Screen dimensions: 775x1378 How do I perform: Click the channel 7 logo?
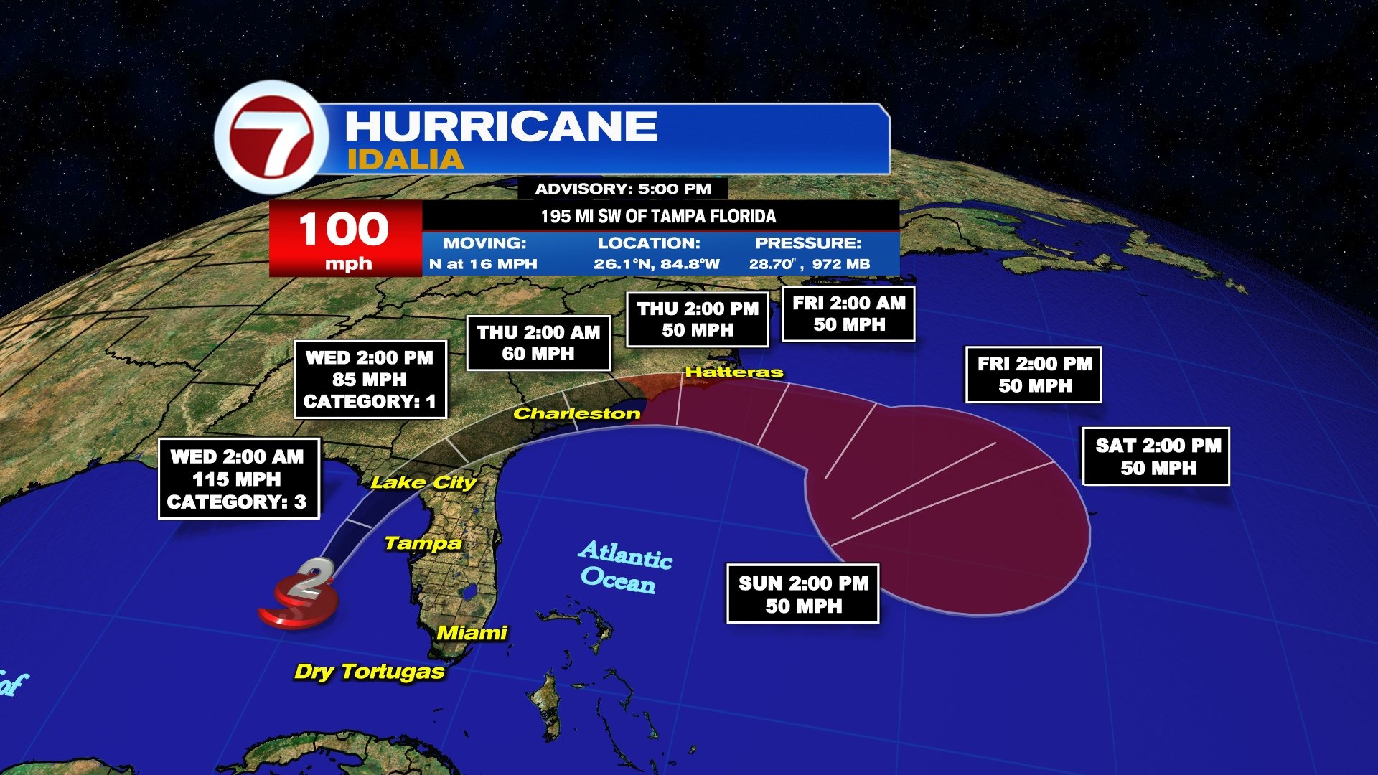tap(271, 137)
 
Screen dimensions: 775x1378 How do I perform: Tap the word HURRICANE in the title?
tap(501, 126)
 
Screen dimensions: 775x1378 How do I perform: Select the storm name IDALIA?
tap(406, 159)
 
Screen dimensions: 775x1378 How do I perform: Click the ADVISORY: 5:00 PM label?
tap(623, 189)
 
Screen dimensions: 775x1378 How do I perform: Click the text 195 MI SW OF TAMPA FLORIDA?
tap(658, 216)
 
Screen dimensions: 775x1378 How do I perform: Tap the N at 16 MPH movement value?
tap(483, 263)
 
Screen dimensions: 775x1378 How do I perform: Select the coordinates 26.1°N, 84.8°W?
tap(656, 263)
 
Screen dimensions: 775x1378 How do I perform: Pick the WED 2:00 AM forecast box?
tap(238, 479)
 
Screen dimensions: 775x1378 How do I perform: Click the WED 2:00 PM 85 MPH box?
tap(370, 379)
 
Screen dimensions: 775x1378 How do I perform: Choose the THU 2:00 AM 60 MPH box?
tap(538, 343)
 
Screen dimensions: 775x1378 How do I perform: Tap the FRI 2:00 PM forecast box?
tap(1033, 375)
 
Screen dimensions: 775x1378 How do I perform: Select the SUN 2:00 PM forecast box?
tap(803, 594)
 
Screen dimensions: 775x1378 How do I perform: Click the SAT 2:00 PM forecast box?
tap(1156, 456)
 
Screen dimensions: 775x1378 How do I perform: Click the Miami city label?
tap(472, 633)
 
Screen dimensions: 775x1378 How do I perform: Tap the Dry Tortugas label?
tap(369, 672)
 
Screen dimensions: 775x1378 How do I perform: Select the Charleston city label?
tap(576, 413)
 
